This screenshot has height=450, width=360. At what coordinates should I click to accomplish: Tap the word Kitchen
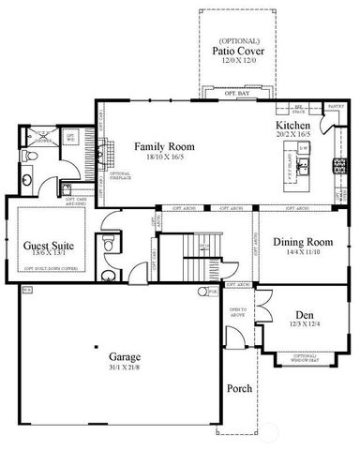pos(293,126)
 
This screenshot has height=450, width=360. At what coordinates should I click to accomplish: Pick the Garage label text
pos(125,356)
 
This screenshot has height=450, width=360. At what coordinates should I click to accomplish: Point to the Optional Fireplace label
pos(120,174)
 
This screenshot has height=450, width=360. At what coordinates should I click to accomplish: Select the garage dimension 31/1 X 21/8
pos(125,367)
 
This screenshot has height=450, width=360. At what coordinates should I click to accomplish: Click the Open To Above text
pos(239,312)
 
